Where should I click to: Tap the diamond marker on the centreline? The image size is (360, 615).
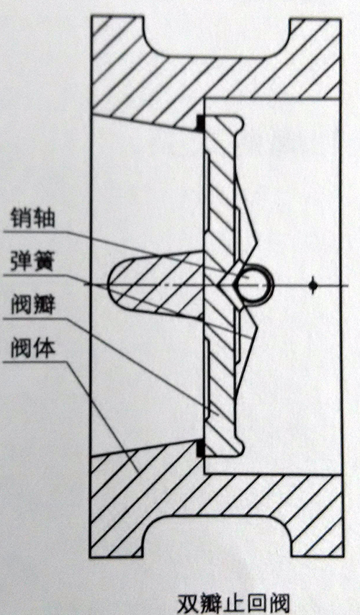312,286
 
